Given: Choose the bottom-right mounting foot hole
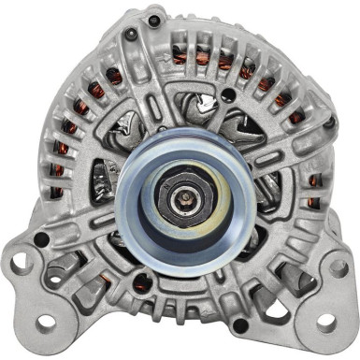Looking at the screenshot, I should [x=327, y=322].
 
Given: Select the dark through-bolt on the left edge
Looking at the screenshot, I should [x=40, y=240].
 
